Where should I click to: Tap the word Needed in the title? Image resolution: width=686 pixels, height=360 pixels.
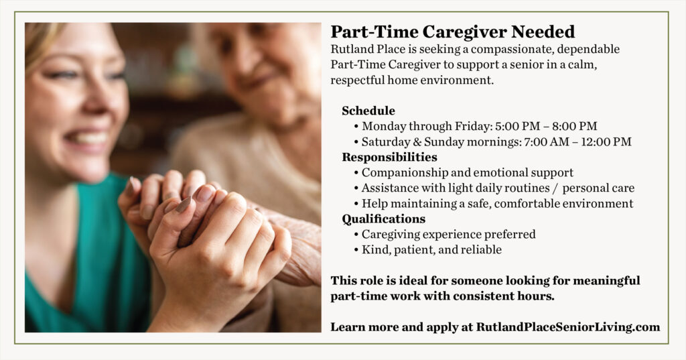tap(543, 32)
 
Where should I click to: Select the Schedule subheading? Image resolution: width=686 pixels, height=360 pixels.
tap(368, 111)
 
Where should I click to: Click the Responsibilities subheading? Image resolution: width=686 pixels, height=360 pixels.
tap(389, 157)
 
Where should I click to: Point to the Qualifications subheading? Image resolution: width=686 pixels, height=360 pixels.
tap(384, 219)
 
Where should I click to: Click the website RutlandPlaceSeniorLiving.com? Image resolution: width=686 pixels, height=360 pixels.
tap(568, 327)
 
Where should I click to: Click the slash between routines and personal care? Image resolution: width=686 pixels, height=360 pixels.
tap(555, 188)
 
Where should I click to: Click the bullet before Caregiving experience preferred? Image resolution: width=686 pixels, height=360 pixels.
tap(356, 235)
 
